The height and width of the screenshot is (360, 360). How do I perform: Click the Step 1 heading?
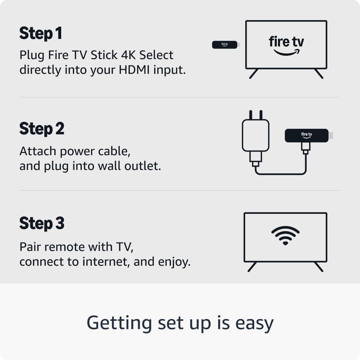(x=41, y=33)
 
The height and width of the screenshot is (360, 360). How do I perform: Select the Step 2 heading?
(x=42, y=129)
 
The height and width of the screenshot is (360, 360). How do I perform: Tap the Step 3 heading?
(x=42, y=224)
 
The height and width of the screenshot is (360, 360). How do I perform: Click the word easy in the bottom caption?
(x=255, y=324)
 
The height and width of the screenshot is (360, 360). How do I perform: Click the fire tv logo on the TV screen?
(x=286, y=45)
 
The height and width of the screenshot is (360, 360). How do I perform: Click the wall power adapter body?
(x=256, y=135)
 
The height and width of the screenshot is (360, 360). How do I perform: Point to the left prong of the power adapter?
(x=251, y=115)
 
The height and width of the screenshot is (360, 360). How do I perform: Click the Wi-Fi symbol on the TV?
(x=285, y=235)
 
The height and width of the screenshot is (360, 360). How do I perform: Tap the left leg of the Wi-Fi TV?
(x=252, y=267)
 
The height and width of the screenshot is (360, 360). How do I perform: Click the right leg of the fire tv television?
(x=319, y=74)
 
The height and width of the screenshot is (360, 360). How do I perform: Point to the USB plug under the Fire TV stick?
(x=306, y=148)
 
